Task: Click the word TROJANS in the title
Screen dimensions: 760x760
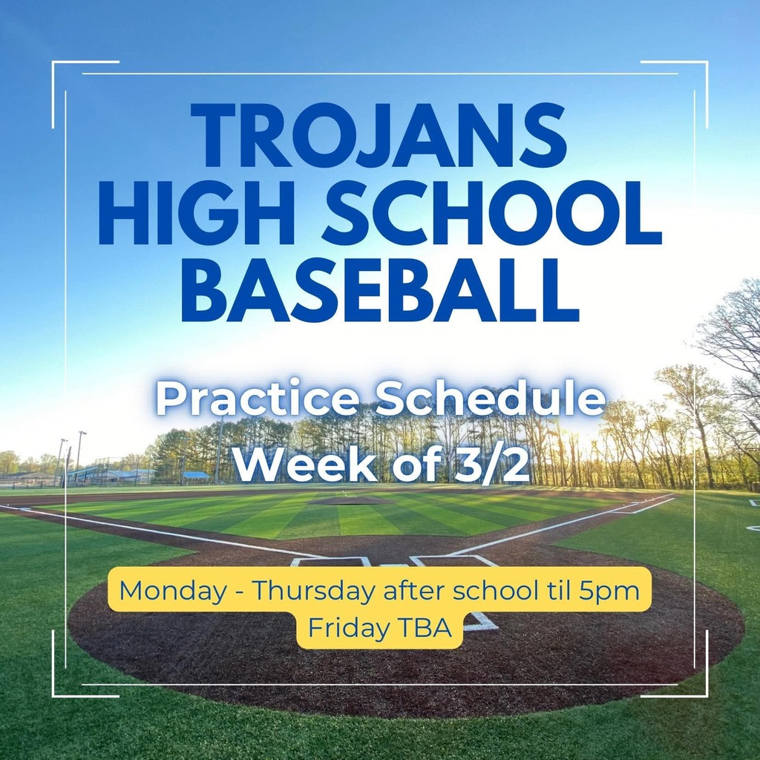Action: tap(379, 136)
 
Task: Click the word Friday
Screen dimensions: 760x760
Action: tap(347, 628)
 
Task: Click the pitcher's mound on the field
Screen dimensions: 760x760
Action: tap(350, 500)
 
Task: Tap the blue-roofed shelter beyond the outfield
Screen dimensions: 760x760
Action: tap(196, 475)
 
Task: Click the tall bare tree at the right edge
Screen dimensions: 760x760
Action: tap(731, 349)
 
